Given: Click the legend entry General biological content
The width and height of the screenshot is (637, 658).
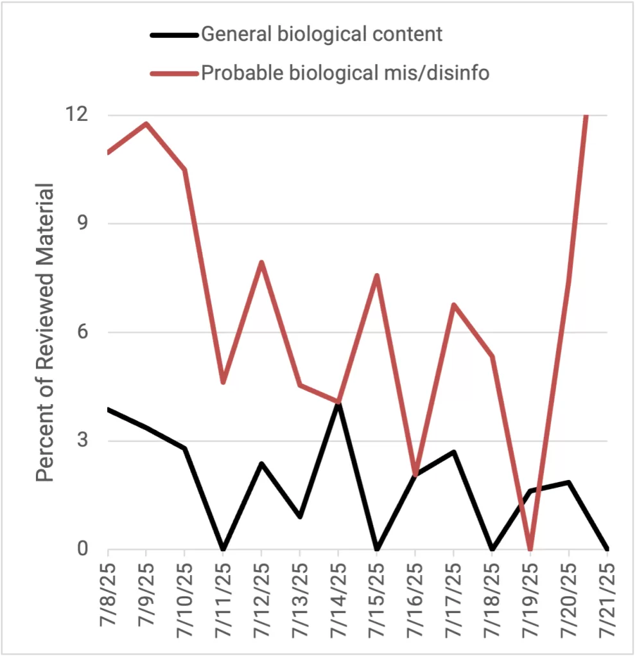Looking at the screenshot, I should (x=322, y=34).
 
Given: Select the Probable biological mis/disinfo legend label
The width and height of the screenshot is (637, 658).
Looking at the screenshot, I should (x=345, y=73).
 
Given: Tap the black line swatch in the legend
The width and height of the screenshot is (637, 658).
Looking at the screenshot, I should (x=175, y=35).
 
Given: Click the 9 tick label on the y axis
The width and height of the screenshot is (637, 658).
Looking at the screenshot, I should (x=82, y=224).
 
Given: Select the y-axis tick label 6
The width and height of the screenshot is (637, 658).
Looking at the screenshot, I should (x=82, y=332).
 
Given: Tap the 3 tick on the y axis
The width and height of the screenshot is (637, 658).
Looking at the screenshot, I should (x=82, y=441).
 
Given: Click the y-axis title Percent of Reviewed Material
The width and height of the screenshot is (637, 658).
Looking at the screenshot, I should (x=45, y=332).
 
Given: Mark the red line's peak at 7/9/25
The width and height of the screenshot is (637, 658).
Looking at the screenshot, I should (x=146, y=123).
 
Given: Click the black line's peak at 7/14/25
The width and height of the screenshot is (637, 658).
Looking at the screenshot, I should (x=338, y=404).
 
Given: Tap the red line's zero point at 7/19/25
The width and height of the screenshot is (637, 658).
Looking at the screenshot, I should (x=530, y=549).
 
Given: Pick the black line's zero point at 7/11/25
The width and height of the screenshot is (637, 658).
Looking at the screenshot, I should (x=223, y=549).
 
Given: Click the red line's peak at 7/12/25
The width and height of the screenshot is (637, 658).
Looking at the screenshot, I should (x=262, y=262).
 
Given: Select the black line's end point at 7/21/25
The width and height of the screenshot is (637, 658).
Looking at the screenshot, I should (x=606, y=549).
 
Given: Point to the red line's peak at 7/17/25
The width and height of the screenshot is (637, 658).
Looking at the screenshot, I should (x=454, y=305).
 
